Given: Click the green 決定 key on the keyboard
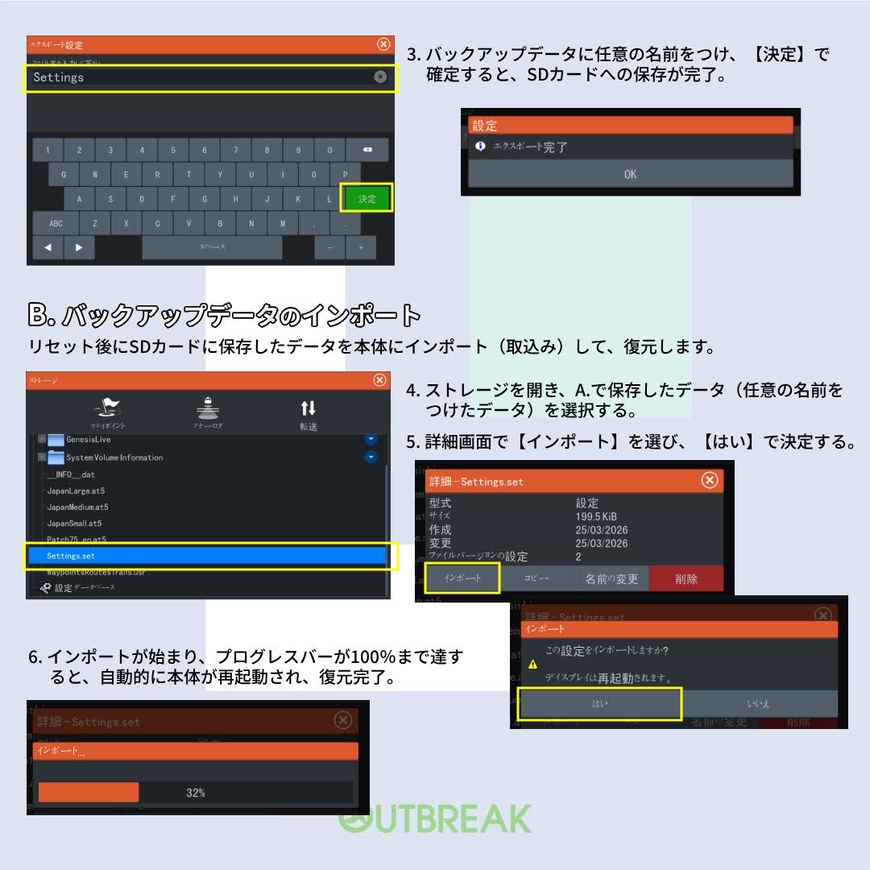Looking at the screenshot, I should point(367,199).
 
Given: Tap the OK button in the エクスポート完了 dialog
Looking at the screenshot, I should point(630,174).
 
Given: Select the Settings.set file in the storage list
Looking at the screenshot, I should point(208,556).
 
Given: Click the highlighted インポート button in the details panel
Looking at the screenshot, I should point(463,578).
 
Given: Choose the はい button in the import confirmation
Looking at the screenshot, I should point(600,703).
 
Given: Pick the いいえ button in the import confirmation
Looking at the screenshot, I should point(758,703).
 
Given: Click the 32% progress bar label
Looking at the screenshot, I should point(196,793).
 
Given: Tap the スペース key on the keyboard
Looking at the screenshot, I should point(212,247).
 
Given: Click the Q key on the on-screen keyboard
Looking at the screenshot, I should point(64,174).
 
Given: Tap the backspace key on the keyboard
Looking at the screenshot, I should point(367,150).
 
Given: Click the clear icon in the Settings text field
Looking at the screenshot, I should point(380,77).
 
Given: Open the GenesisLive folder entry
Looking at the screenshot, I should point(89,440).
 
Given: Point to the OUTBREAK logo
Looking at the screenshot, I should point(435,818).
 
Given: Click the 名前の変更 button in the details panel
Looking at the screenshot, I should point(611,578).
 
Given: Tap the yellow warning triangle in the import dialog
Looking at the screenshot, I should point(532,665).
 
